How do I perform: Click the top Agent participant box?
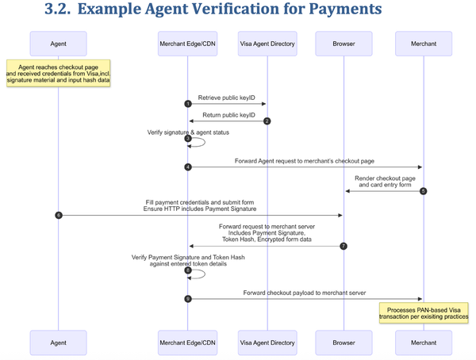click(58, 44)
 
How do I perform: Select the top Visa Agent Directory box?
click(266, 44)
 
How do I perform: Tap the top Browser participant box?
click(344, 44)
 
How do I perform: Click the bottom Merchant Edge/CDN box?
click(187, 343)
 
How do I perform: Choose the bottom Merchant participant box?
click(423, 343)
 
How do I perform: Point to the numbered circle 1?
click(188, 104)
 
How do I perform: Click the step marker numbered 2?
click(267, 121)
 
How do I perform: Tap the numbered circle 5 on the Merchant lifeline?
click(423, 191)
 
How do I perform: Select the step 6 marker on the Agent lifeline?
click(59, 215)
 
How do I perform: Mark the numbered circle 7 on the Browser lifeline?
click(343, 246)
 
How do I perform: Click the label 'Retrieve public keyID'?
click(227, 97)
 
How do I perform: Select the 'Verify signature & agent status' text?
click(188, 132)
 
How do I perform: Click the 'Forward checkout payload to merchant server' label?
click(305, 292)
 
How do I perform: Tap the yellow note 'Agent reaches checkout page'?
click(58, 74)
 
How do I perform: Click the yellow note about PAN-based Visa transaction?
click(423, 312)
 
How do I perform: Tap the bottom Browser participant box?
click(344, 343)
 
